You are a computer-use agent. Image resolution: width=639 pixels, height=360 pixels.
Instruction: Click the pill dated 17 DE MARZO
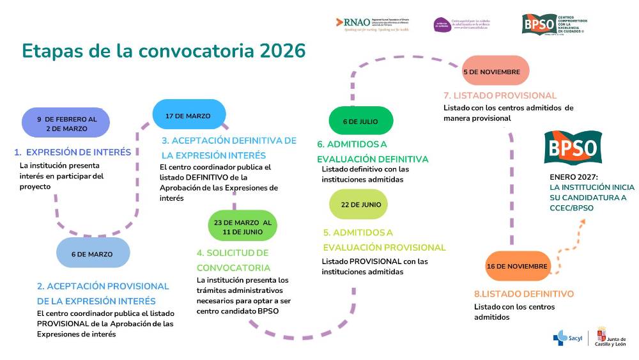point(189,116)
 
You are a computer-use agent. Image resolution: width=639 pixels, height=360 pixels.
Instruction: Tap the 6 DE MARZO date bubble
point(92,254)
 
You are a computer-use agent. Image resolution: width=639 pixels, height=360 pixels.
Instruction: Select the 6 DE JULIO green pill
point(360,121)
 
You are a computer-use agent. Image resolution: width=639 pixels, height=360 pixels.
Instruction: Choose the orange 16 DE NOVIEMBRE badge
point(518,266)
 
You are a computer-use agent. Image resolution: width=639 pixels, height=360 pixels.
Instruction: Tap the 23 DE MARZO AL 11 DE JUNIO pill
point(242,227)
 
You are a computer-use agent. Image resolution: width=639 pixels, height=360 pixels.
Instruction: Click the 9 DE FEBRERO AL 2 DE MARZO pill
point(66,123)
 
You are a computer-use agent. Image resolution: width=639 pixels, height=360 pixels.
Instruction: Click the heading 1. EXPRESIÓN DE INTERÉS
point(73,152)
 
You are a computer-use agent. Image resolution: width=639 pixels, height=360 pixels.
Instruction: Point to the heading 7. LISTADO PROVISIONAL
point(500,96)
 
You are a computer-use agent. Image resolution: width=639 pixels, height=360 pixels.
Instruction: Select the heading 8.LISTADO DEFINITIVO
point(524,294)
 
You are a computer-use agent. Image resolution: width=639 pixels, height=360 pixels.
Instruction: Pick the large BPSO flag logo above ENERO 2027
point(573,148)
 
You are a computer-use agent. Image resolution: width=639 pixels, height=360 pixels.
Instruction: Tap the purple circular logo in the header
point(441,24)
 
